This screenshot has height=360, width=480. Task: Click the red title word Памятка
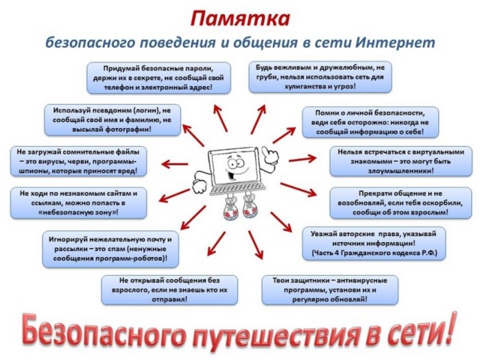pyautogui.click(x=240, y=19)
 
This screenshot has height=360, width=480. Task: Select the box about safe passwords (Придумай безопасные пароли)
pyautogui.click(x=158, y=77)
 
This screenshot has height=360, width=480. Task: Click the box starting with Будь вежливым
pyautogui.click(x=320, y=77)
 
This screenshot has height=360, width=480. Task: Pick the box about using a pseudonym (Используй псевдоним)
pyautogui.click(x=112, y=120)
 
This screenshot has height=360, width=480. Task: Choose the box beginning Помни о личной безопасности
pyautogui.click(x=370, y=122)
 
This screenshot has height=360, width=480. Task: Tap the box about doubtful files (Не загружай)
pyautogui.click(x=78, y=161)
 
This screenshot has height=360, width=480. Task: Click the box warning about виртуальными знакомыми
pyautogui.click(x=401, y=161)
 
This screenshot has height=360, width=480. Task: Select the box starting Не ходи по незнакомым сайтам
pyautogui.click(x=78, y=203)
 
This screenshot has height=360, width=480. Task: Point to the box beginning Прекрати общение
pyautogui.click(x=400, y=203)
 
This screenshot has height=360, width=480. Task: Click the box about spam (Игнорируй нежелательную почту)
pyautogui.click(x=110, y=249)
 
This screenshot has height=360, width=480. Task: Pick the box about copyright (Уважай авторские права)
pyautogui.click(x=374, y=243)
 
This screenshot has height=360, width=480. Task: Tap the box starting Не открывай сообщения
pyautogui.click(x=169, y=290)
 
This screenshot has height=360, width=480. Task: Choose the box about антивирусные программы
pyautogui.click(x=330, y=290)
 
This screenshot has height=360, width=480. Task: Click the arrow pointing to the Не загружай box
pyautogui.click(x=174, y=165)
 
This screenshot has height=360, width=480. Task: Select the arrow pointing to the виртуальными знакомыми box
pyautogui.click(x=302, y=159)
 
